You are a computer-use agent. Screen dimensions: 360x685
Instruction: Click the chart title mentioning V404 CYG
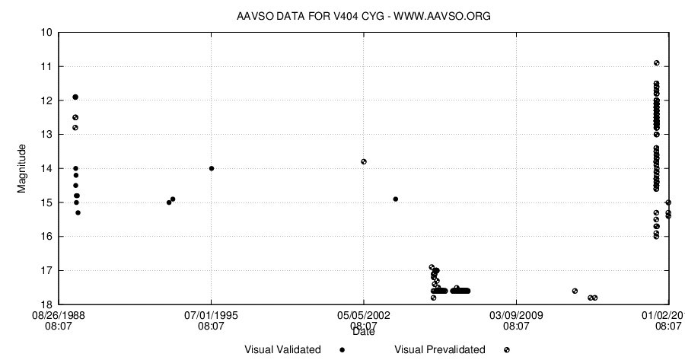pos(358,16)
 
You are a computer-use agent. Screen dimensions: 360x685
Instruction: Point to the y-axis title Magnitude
pos(22,167)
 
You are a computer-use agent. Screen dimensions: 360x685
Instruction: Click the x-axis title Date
pos(364,332)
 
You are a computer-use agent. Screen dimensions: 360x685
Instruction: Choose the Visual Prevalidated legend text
pos(440,350)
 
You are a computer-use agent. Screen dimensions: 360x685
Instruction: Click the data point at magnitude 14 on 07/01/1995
pos(212,168)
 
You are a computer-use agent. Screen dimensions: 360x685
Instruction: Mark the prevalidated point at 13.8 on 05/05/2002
pos(364,161)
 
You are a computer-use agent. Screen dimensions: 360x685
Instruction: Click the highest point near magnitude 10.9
pos(656,63)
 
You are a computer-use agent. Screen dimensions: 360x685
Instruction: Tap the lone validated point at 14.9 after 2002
pos(396,199)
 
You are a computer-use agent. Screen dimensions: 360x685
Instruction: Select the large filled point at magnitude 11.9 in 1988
pos(75,97)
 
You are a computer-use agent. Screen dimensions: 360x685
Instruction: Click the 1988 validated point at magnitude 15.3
pos(78,212)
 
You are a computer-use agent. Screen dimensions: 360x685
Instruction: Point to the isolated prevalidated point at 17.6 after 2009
pos(575,291)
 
